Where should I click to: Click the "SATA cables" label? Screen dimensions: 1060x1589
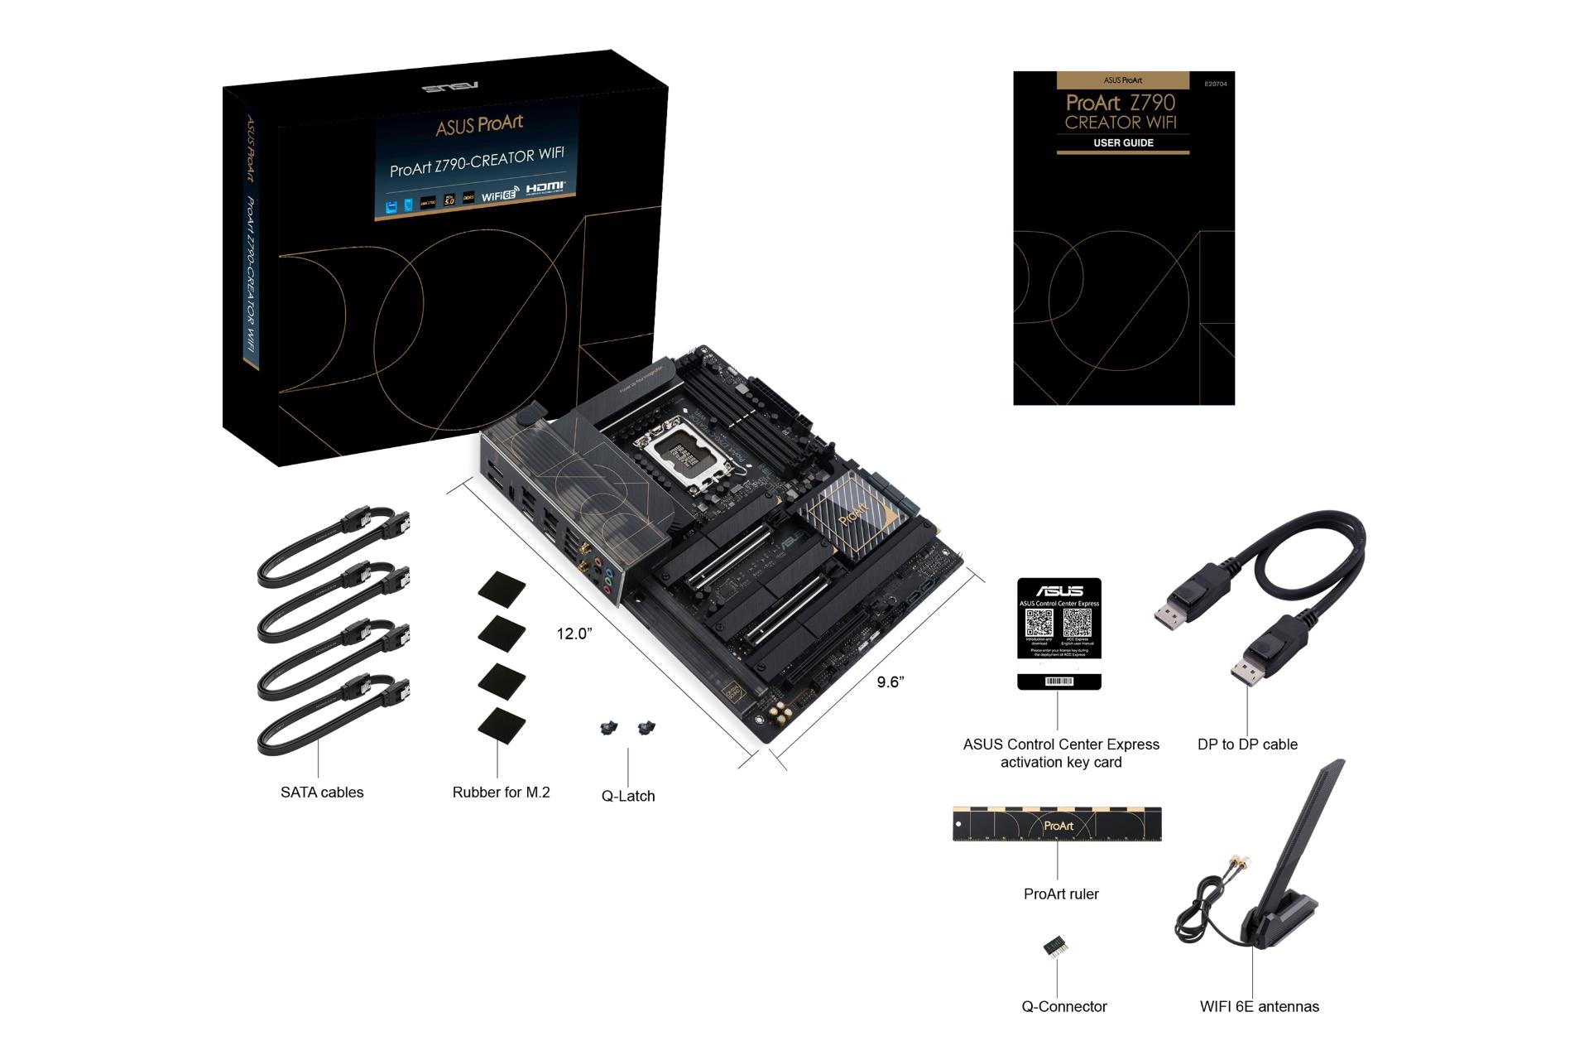click(x=322, y=793)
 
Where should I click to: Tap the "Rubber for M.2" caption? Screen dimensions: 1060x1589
click(x=501, y=793)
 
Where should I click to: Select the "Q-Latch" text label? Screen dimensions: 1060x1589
click(x=627, y=796)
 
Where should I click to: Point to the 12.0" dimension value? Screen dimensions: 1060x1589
click(x=574, y=634)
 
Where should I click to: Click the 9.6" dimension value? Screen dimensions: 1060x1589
click(x=890, y=682)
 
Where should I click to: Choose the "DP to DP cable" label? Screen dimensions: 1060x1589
click(x=1246, y=744)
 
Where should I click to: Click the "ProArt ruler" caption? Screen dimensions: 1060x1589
click(x=1060, y=894)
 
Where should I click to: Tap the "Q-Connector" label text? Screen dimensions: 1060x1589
click(x=1063, y=1007)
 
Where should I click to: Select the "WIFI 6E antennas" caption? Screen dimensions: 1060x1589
click(x=1259, y=1007)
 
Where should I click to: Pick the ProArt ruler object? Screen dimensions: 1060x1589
click(x=1056, y=824)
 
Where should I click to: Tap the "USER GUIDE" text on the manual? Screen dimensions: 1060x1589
click(x=1123, y=143)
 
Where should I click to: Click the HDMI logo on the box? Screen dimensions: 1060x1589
click(x=545, y=188)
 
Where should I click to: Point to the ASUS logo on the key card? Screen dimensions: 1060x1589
click(x=1059, y=590)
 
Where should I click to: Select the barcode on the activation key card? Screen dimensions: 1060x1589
click(x=1059, y=681)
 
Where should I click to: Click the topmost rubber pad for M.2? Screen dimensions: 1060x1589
click(x=502, y=587)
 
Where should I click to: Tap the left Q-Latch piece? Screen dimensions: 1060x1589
click(x=609, y=728)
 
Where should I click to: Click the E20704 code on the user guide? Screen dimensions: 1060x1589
click(x=1215, y=84)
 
